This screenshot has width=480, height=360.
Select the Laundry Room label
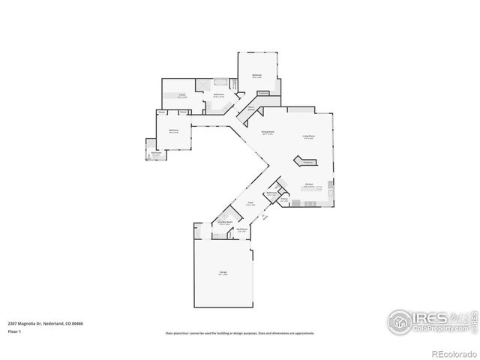pyautogui.click(x=223, y=223)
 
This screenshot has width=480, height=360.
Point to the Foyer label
pyautogui.click(x=250, y=202)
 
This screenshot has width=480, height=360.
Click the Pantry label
pyautogui.click(x=284, y=200)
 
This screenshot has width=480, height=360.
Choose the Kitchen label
pyautogui.click(x=308, y=184)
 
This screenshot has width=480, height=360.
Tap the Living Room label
pyautogui.click(x=308, y=136)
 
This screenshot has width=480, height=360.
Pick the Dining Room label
pyautogui.click(x=266, y=132)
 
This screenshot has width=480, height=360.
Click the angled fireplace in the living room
pyautogui.click(x=306, y=161)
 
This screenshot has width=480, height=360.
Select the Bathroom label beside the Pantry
pyautogui.click(x=272, y=193)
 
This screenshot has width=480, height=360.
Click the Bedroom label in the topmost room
pyautogui.click(x=256, y=75)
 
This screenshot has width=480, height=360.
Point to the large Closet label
pyautogui.click(x=181, y=94)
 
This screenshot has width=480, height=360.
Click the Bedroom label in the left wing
pyautogui.click(x=174, y=132)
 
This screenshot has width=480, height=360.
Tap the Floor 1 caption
pyautogui.click(x=14, y=331)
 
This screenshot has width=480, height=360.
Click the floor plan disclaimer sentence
pyautogui.click(x=240, y=333)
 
